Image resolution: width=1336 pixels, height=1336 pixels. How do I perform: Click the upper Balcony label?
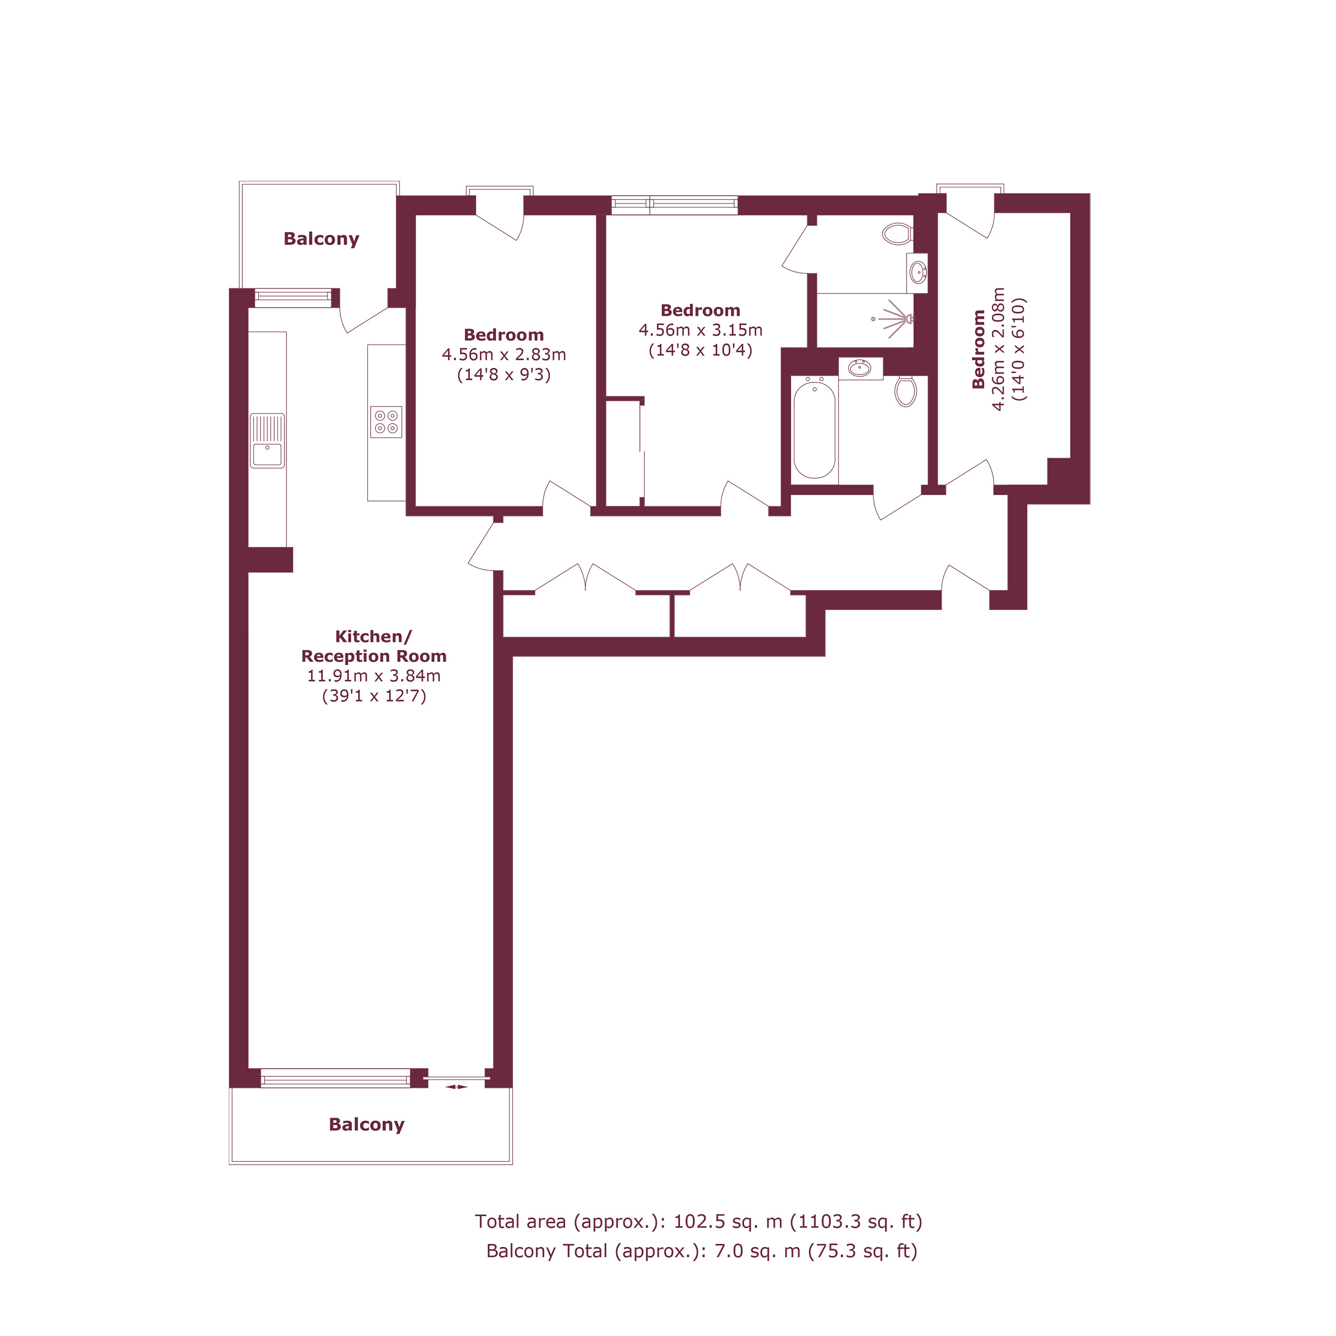[x=322, y=239]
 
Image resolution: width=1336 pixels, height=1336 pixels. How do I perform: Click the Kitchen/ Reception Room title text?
[x=374, y=646]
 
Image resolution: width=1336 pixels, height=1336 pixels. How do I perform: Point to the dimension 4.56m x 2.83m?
[x=504, y=355]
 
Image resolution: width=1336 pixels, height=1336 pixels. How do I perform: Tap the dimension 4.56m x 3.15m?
[x=701, y=330]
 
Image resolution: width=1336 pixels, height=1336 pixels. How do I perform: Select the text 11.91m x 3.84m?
[x=374, y=676]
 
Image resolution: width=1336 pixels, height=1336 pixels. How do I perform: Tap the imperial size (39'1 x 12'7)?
[x=374, y=696]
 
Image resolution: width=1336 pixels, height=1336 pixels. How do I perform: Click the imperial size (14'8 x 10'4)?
[x=701, y=350]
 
